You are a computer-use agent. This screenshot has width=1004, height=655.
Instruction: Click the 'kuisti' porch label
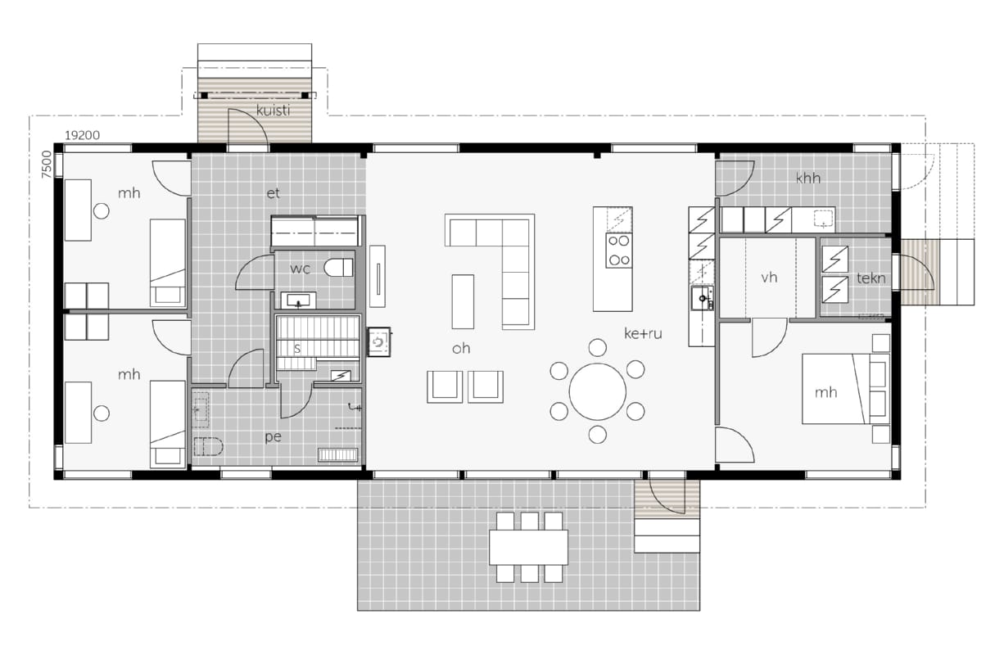click(273, 111)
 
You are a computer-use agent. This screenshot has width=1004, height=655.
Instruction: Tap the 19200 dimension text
click(83, 135)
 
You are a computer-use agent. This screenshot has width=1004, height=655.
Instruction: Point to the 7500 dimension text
click(47, 164)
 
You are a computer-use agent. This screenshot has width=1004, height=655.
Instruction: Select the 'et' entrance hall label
click(273, 193)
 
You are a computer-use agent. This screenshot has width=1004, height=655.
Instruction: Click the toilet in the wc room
click(338, 268)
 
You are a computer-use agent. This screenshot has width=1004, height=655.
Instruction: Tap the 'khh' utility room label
click(808, 178)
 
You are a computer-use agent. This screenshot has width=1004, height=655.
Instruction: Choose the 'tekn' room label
click(871, 278)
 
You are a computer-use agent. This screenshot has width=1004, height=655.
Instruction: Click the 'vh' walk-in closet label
click(769, 278)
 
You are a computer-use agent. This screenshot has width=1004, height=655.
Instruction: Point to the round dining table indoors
click(598, 391)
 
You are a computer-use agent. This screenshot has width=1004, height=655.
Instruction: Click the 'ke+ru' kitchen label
click(643, 333)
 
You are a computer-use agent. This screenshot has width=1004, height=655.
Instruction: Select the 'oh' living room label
click(461, 348)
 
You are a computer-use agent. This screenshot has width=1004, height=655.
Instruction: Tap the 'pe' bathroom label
click(273, 436)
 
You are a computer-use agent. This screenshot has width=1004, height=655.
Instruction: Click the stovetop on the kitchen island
click(619, 251)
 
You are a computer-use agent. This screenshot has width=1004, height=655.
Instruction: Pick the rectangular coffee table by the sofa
click(463, 301)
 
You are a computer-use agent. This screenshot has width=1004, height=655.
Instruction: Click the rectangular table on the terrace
click(528, 548)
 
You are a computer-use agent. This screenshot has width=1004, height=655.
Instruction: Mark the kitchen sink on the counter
click(702, 298)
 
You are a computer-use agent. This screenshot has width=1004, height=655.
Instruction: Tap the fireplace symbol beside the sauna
click(378, 342)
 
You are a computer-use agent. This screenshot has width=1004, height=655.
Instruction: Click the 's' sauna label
click(296, 348)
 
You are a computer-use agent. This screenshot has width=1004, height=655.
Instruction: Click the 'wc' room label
click(300, 269)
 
